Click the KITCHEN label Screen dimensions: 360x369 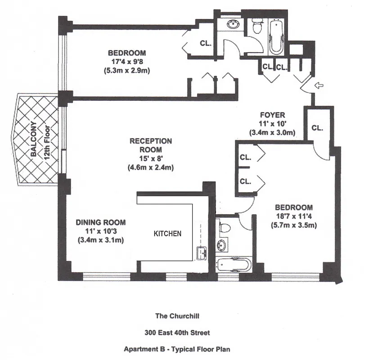pos(168,234)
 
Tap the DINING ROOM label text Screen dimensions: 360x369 pos(100,222)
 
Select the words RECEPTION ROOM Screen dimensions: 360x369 pos(151,145)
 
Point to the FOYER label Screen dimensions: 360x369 pos(272,115)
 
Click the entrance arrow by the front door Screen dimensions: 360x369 pos(319,85)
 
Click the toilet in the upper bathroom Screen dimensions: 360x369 pos(256,27)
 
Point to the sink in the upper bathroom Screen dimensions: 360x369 pos(233,24)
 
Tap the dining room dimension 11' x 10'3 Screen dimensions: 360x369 pos(100,231)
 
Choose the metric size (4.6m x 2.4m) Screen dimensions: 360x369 pos(151,167)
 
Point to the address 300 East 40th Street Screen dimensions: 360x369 pos(177,333)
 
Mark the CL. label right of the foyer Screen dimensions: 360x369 pos(317,128)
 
